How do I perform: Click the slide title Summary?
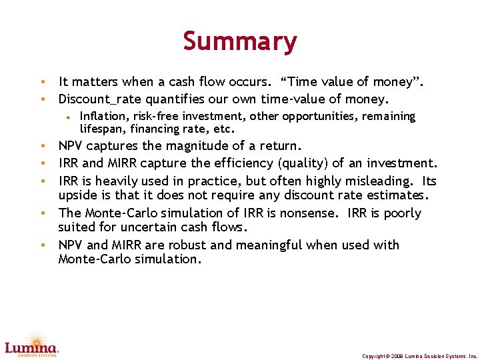(x=240, y=41)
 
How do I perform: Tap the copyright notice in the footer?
(x=419, y=356)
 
